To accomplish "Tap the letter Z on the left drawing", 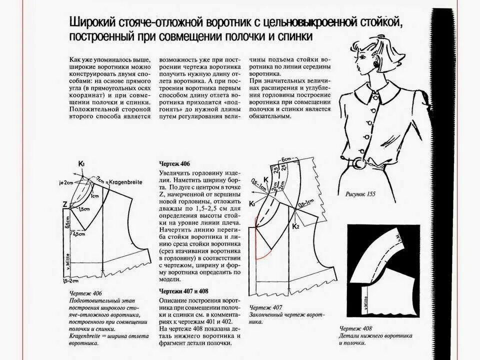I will [65, 204].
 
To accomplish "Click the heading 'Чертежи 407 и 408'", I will [183, 291].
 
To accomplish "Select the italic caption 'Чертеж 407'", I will [266, 307].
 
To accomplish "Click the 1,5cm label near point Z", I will [83, 208].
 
